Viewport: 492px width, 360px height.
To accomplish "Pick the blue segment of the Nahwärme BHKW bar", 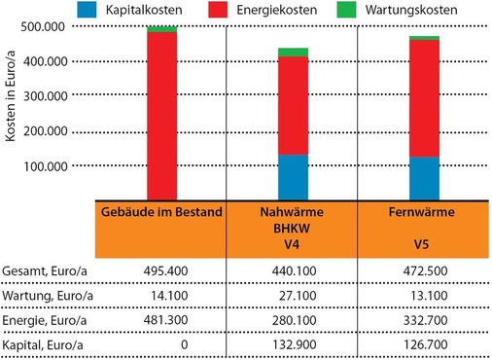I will pos(293,177).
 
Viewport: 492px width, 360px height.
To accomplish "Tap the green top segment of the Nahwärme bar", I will pos(293,52).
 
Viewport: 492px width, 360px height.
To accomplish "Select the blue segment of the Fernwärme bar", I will pos(424,178).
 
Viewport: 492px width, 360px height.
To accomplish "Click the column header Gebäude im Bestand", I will pos(160,212).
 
